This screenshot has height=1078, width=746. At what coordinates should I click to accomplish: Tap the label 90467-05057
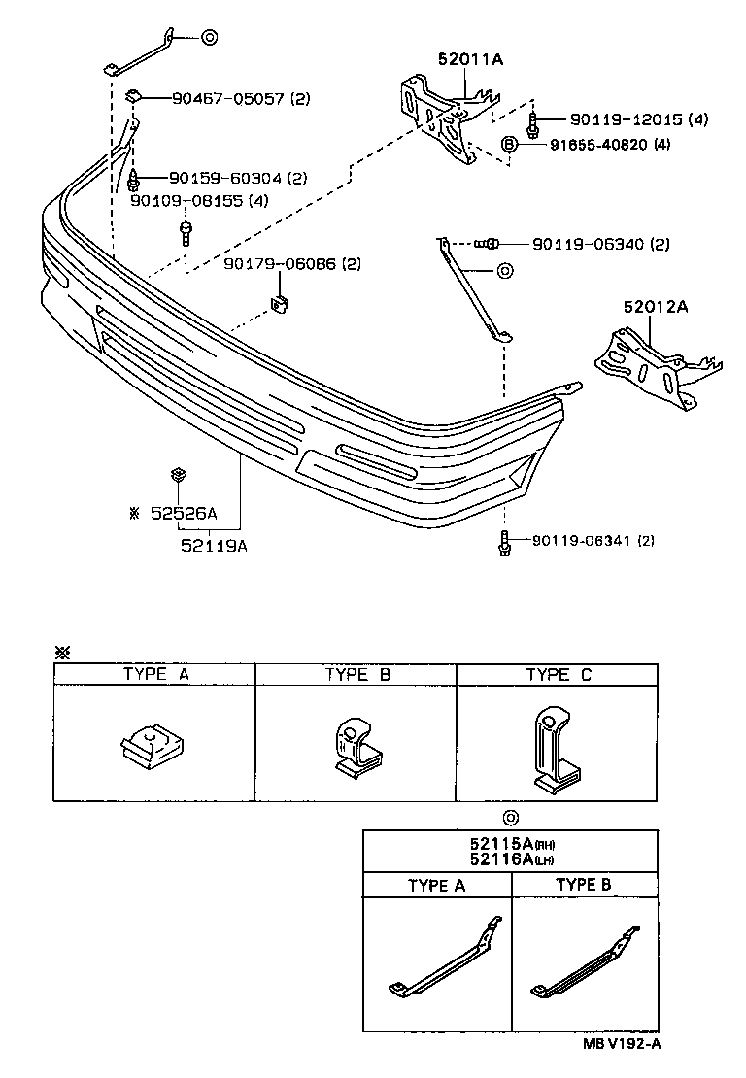pos(227,98)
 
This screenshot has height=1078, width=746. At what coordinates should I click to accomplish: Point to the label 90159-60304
pos(224,178)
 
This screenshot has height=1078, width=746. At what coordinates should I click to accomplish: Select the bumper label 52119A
pos(214,545)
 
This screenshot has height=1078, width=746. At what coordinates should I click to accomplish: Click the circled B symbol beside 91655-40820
pos(508,145)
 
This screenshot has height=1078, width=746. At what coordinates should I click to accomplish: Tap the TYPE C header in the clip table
pos(559,675)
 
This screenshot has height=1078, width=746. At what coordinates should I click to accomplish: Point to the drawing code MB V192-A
pos(623,1043)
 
